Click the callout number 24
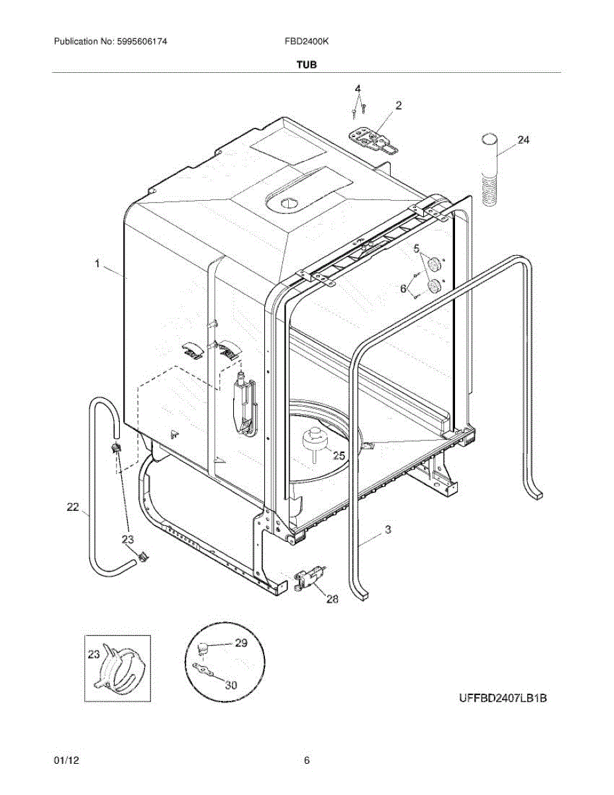click(x=524, y=140)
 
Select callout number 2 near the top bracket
click(x=399, y=105)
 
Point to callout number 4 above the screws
click(x=358, y=88)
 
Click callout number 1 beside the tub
click(x=97, y=264)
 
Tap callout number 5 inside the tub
click(x=417, y=248)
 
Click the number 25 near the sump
click(x=338, y=455)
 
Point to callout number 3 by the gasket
click(x=388, y=529)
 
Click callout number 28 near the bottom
click(x=332, y=599)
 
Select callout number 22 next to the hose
click(x=73, y=507)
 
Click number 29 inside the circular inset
click(x=240, y=643)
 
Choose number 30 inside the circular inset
click(x=230, y=685)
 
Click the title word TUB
click(x=307, y=65)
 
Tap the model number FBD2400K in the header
click(x=307, y=41)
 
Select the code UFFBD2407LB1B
click(x=503, y=698)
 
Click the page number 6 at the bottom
click(x=307, y=761)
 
